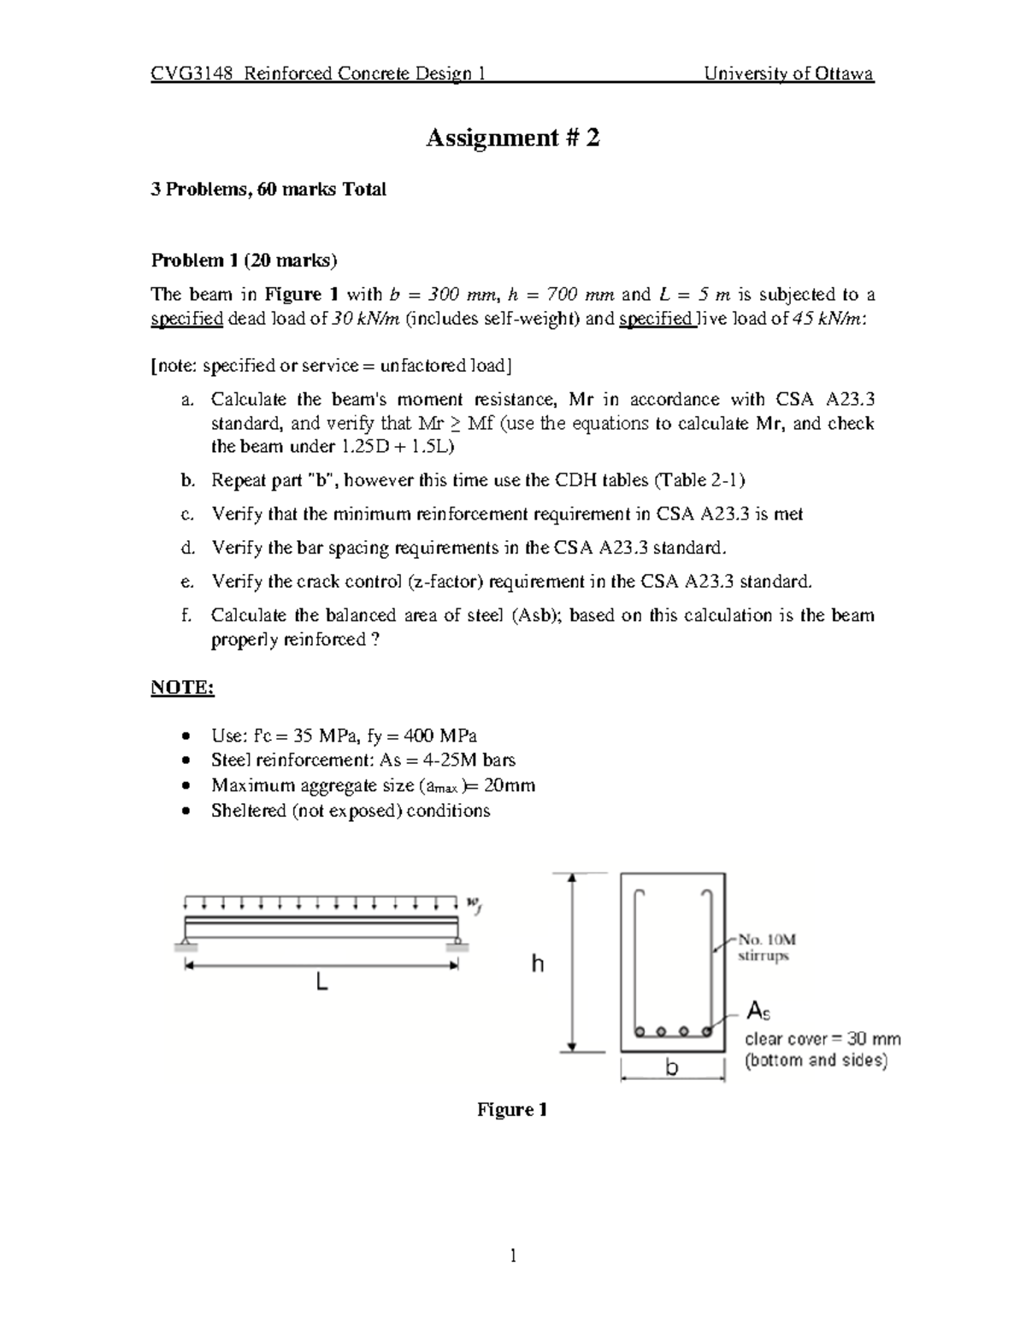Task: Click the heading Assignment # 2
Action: click(513, 138)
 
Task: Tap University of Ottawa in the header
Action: click(788, 73)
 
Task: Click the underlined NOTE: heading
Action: click(182, 687)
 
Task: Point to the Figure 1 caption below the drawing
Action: click(512, 1110)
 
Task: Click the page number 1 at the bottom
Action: click(513, 1255)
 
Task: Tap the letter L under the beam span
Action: click(321, 984)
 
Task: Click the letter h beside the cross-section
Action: click(538, 964)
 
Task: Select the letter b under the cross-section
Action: click(672, 1067)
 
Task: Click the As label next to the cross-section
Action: click(758, 1012)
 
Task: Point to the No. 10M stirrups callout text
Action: click(767, 947)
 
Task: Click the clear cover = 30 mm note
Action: click(823, 1040)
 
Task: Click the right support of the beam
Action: click(458, 943)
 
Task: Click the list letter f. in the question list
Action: click(187, 615)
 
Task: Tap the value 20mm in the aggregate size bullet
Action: click(510, 785)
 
